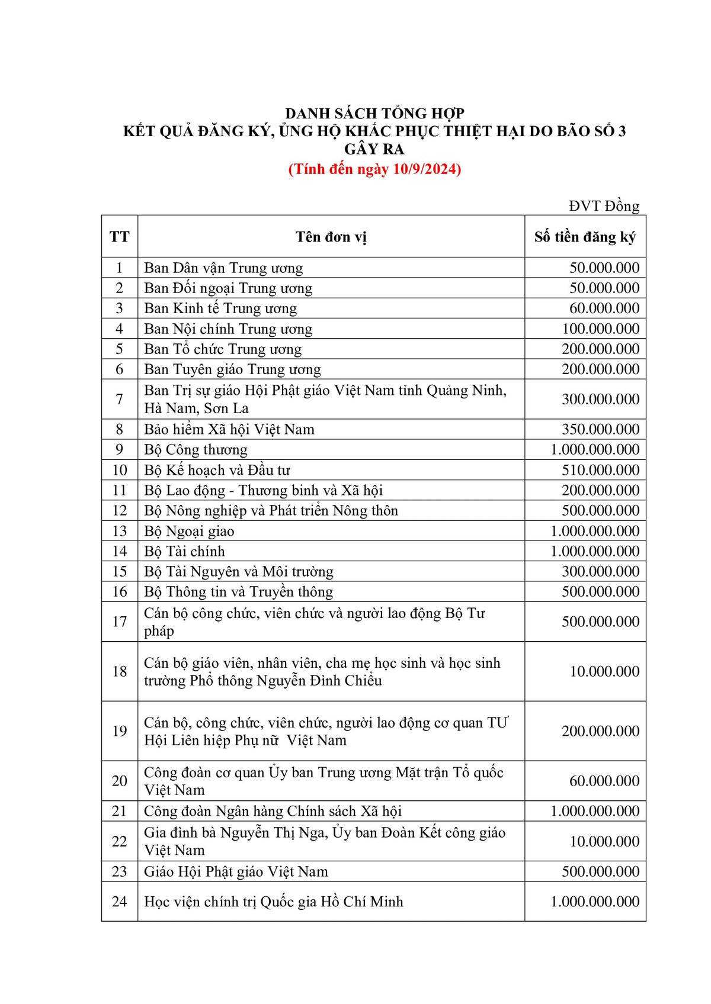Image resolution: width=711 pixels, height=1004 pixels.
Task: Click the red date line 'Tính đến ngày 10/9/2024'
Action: [374, 169]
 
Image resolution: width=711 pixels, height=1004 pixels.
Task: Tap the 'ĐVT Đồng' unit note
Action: [604, 206]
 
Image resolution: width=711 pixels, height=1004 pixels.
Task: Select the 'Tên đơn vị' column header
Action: [331, 237]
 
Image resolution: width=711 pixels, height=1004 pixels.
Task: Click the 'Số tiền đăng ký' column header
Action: [584, 237]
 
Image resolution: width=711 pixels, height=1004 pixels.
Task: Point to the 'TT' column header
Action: [119, 237]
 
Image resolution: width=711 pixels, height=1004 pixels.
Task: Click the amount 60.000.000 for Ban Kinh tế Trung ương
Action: [604, 308]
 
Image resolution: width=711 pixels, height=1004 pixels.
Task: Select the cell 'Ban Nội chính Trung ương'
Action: [228, 329]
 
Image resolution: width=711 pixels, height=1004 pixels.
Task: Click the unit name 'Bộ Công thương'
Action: [196, 450]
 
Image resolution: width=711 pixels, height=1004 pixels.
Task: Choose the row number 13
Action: [119, 532]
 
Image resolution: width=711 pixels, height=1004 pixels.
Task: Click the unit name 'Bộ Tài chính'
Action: [184, 552]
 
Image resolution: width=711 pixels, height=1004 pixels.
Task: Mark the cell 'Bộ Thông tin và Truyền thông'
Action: [238, 592]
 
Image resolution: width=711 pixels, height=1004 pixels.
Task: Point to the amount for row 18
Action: [604, 672]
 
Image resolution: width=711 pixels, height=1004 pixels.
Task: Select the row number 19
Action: [119, 731]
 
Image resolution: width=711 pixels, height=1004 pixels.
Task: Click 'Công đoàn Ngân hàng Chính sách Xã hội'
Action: [273, 812]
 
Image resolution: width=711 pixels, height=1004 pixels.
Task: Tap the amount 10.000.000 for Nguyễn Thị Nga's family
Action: [604, 842]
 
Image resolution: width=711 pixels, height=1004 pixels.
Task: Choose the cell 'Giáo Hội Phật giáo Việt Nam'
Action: [236, 872]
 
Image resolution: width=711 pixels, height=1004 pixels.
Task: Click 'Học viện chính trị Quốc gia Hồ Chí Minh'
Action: [273, 902]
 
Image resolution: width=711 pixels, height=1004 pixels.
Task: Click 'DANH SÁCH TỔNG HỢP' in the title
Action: [374, 114]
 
